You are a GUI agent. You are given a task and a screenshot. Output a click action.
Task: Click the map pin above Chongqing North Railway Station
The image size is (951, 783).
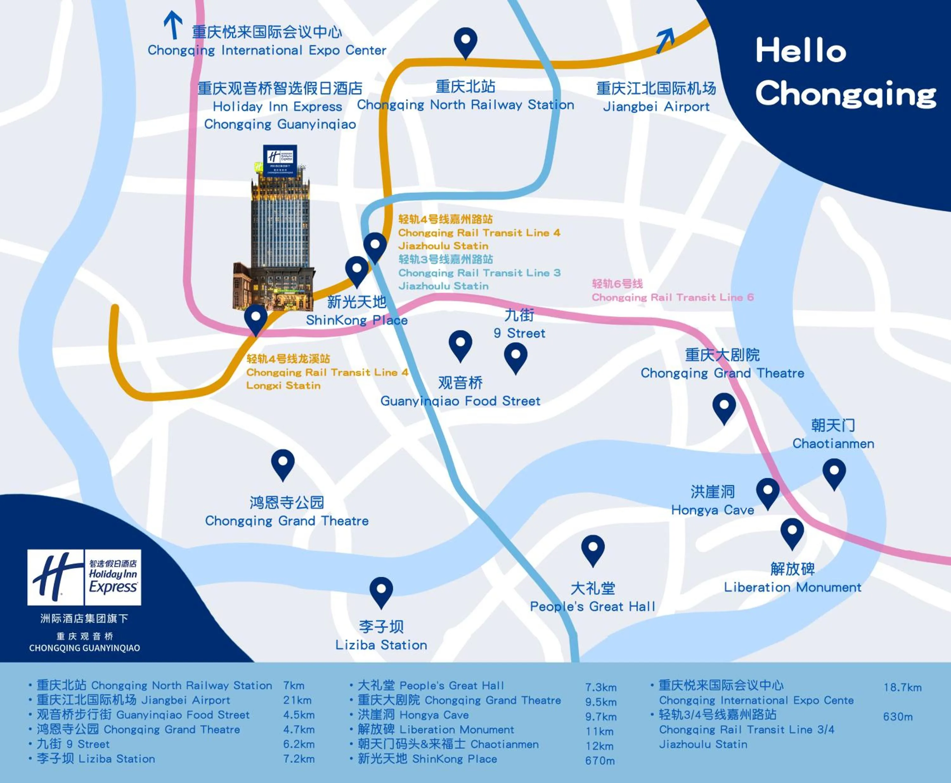pyautogui.click(x=465, y=42)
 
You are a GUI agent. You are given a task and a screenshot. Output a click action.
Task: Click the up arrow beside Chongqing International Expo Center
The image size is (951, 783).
pyautogui.click(x=173, y=25)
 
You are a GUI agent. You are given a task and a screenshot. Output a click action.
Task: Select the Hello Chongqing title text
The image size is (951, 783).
pyautogui.click(x=845, y=72)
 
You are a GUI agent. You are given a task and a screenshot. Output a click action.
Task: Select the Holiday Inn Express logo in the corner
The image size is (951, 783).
pyautogui.click(x=84, y=577)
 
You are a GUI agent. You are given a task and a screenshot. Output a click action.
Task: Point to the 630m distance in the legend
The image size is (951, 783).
pyautogui.click(x=898, y=716)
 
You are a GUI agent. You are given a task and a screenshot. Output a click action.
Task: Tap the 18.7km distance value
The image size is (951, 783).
pyautogui.click(x=902, y=687)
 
